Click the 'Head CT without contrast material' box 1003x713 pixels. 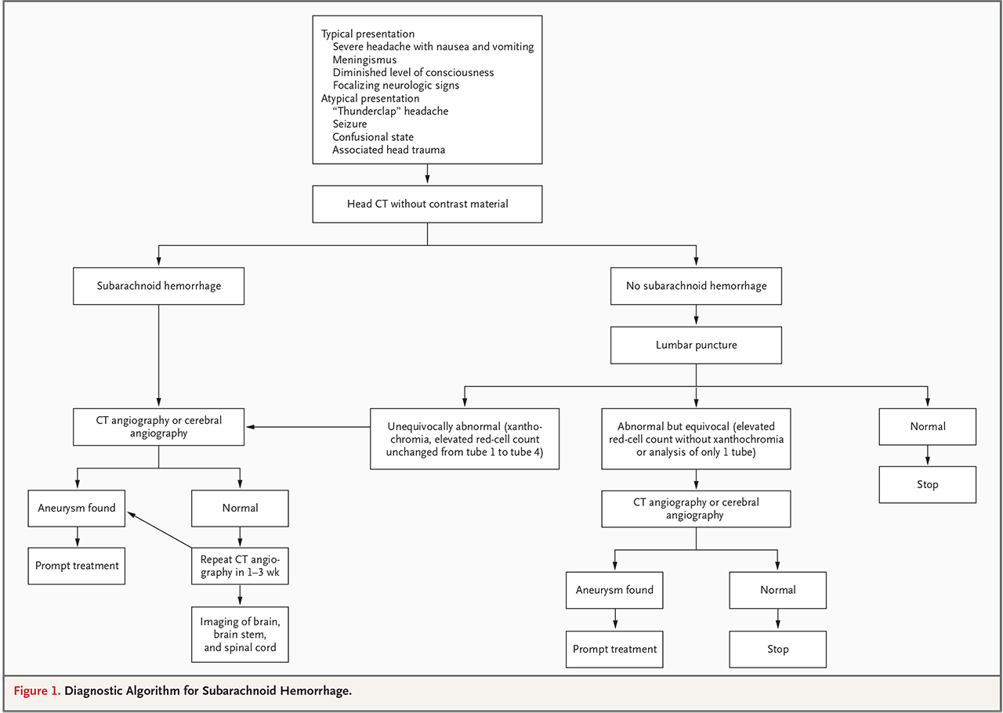pyautogui.click(x=427, y=204)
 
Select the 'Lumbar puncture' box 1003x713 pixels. pyautogui.click(x=696, y=345)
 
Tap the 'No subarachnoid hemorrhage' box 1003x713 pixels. pyautogui.click(x=696, y=286)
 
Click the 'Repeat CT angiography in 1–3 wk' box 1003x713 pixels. pyautogui.click(x=240, y=566)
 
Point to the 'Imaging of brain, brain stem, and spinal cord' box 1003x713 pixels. pyautogui.click(x=240, y=634)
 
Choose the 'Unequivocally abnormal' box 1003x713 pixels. pyautogui.click(x=465, y=439)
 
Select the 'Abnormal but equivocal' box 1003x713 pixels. pyautogui.click(x=696, y=439)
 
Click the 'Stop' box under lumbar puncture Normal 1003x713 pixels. pyautogui.click(x=927, y=484)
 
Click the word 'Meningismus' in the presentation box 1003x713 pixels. pyautogui.click(x=364, y=60)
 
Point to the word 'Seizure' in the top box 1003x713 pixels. pyautogui.click(x=349, y=124)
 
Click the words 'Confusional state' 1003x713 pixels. pyautogui.click(x=373, y=136)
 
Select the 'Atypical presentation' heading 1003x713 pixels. pyautogui.click(x=371, y=98)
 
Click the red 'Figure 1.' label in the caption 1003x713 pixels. pyautogui.click(x=37, y=690)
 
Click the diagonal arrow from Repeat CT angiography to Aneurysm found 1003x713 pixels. pyautogui.click(x=160, y=530)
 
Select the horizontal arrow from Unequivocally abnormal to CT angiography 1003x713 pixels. pyautogui.click(x=308, y=427)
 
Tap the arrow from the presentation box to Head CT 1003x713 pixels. pyautogui.click(x=427, y=174)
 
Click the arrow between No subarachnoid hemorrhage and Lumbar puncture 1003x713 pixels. pyautogui.click(x=696, y=315)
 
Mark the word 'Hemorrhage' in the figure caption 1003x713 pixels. pyautogui.click(x=316, y=691)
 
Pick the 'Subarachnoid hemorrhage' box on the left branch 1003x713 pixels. pyautogui.click(x=158, y=286)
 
